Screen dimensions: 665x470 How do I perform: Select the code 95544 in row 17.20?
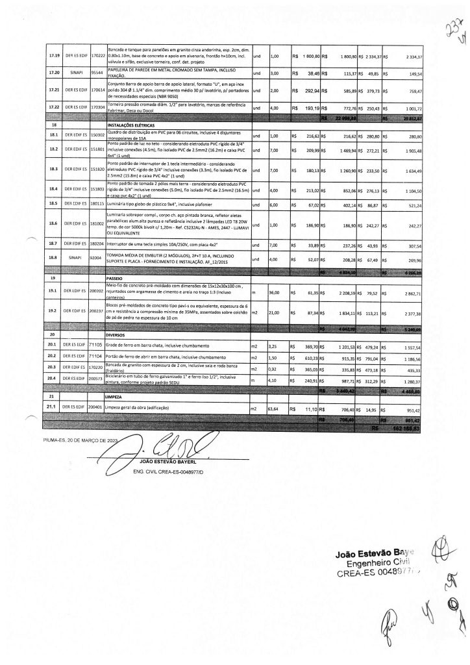click(x=97, y=74)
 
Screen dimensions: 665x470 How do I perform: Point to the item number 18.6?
click(x=54, y=225)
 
